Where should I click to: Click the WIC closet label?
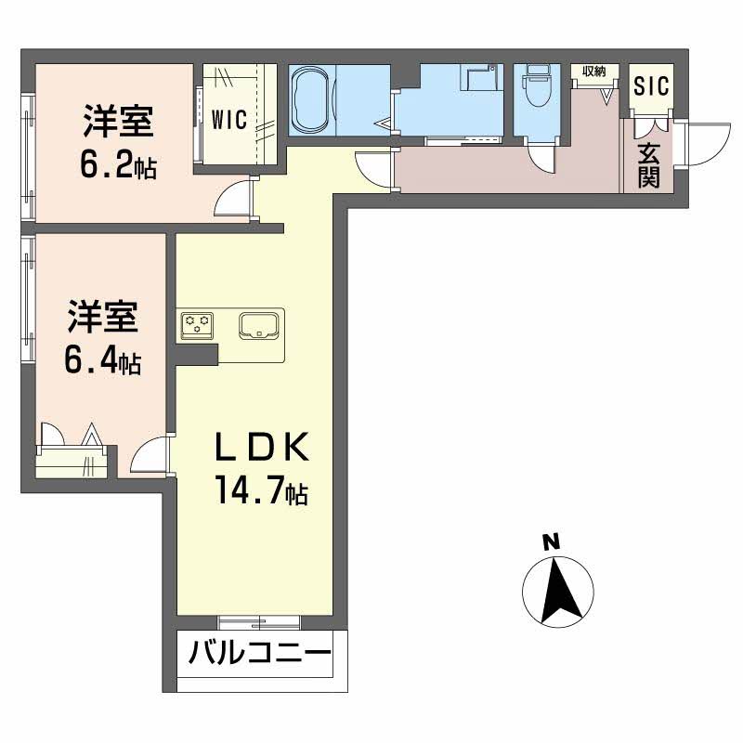click(x=228, y=119)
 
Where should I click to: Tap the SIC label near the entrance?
click(x=650, y=87)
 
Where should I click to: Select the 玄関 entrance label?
click(x=648, y=164)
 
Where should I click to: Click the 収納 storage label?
click(x=594, y=72)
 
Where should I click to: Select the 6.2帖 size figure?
click(x=117, y=165)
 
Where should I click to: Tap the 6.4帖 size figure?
click(x=102, y=359)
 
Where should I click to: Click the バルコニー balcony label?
click(x=260, y=654)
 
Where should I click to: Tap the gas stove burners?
click(x=198, y=324)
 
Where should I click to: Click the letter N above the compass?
click(x=551, y=541)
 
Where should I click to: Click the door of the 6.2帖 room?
click(x=236, y=197)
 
